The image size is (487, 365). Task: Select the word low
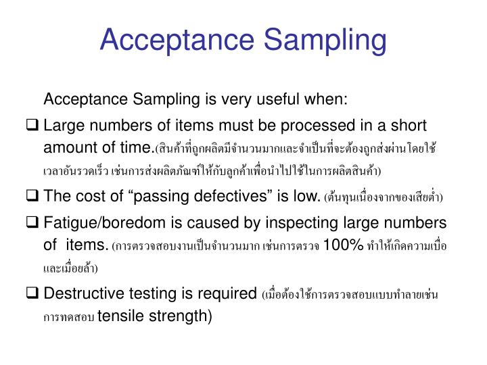[305, 197]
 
